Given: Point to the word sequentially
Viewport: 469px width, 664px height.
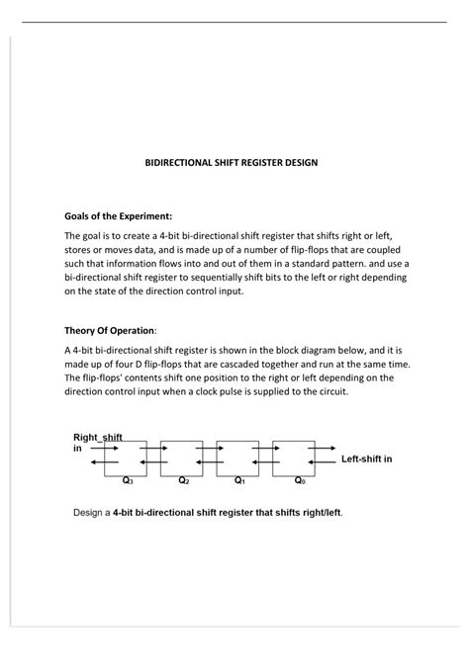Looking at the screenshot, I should [255, 278].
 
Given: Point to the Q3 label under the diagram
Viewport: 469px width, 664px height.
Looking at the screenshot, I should [127, 481].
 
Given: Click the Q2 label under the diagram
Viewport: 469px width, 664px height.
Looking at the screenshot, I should [183, 481].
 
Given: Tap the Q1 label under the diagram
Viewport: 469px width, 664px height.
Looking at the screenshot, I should [238, 481].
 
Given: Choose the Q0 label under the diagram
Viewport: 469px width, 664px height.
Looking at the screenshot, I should [299, 481].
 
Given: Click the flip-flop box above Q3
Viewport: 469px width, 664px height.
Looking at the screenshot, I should [126, 456].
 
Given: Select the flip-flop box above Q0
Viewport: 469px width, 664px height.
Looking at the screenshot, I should [293, 456].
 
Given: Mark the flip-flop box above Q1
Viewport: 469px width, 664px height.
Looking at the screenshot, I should [237, 456].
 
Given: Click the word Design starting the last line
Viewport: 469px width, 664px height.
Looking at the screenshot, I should [92, 514].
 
